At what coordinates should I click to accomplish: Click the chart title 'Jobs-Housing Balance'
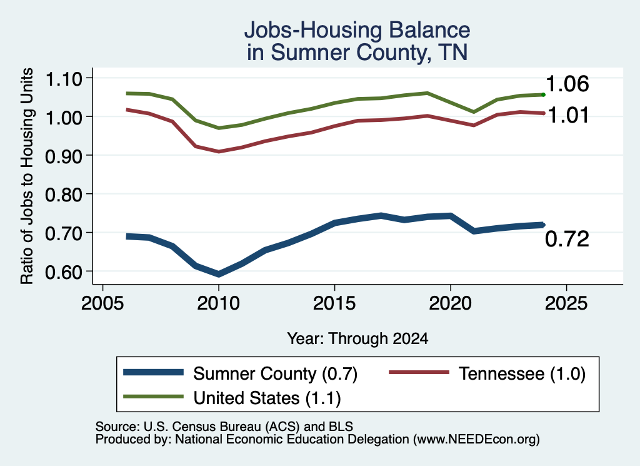pyautogui.click(x=357, y=30)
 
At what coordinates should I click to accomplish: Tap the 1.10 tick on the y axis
pyautogui.click(x=63, y=79)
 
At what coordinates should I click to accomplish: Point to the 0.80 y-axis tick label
pyautogui.click(x=63, y=195)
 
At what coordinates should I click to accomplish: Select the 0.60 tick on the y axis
pyautogui.click(x=63, y=272)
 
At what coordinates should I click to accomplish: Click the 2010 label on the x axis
pyautogui.click(x=218, y=303)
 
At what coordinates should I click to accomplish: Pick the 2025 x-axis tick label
pyautogui.click(x=566, y=303)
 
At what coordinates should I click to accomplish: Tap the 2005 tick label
pyautogui.click(x=103, y=303)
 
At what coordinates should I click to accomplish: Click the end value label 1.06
pyautogui.click(x=567, y=84)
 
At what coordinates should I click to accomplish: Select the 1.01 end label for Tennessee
pyautogui.click(x=568, y=115)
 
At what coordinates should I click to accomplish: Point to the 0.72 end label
pyautogui.click(x=567, y=239)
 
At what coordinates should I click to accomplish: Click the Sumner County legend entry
pyautogui.click(x=241, y=373)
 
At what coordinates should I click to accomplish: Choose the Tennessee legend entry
pyautogui.click(x=487, y=373)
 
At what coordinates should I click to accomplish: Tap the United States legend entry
pyautogui.click(x=232, y=398)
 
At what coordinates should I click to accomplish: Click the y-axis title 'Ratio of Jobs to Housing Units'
pyautogui.click(x=27, y=176)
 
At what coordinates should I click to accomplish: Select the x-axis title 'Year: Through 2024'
pyautogui.click(x=357, y=338)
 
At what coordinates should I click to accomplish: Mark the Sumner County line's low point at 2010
pyautogui.click(x=219, y=273)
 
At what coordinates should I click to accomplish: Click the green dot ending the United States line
pyautogui.click(x=543, y=94)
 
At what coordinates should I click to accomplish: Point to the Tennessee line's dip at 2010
pyautogui.click(x=219, y=151)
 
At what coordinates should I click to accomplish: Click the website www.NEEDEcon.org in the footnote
pyautogui.click(x=476, y=440)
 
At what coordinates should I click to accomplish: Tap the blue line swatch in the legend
pyautogui.click(x=154, y=372)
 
